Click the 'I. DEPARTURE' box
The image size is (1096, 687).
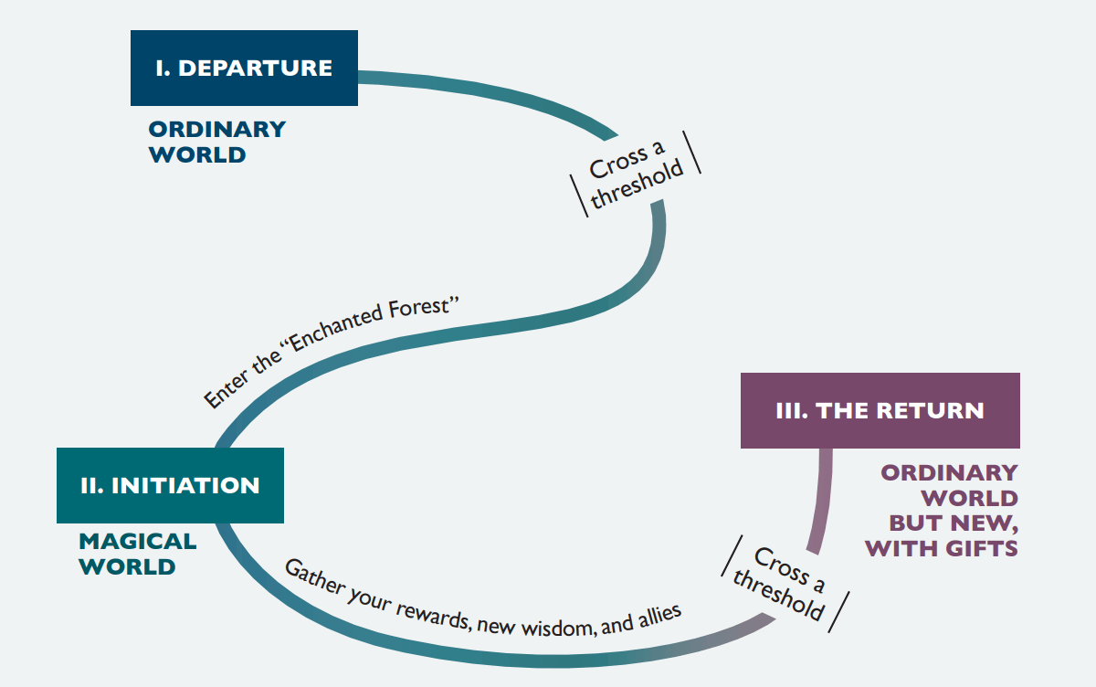[x=244, y=68]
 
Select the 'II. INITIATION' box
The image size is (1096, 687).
[x=170, y=485]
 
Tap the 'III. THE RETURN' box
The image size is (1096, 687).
[x=880, y=410]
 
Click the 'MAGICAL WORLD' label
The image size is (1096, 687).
[x=138, y=554]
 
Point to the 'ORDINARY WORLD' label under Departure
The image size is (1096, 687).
[x=217, y=142]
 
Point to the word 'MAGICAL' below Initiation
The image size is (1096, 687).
[x=138, y=541]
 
